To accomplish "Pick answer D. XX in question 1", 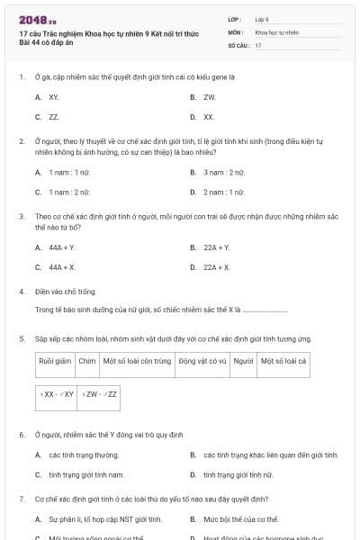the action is click(209, 117).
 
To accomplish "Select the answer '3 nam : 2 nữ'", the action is click(223, 171).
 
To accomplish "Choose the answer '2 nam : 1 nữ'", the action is click(223, 192).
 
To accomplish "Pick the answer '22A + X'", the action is click(216, 267).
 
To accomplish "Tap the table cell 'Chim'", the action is click(87, 360).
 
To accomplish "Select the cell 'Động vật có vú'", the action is click(202, 360).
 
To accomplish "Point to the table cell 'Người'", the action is click(243, 360).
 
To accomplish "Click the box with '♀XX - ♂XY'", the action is click(57, 394).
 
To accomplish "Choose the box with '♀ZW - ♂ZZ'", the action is click(100, 394).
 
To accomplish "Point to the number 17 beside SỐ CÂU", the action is click(258, 44).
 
